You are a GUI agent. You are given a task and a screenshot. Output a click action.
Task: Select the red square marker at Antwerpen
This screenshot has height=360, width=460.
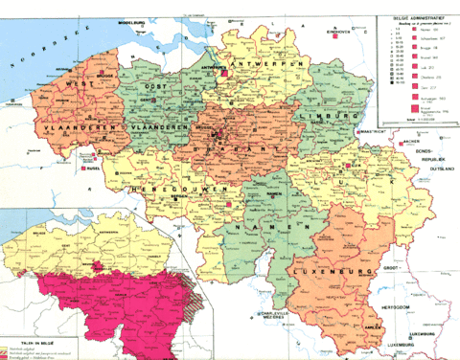click(230, 70)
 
